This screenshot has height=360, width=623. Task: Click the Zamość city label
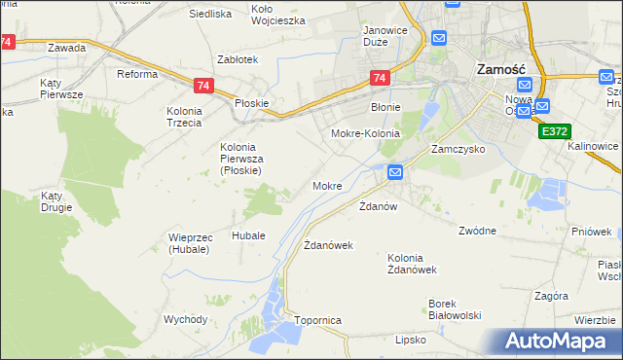click(x=500, y=70)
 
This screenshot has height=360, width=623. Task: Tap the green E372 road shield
click(x=554, y=130)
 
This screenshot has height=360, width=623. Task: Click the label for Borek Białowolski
click(x=456, y=309)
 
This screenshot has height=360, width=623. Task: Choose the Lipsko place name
click(x=412, y=340)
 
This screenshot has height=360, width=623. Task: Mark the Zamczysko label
click(x=458, y=151)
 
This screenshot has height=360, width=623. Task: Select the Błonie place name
click(x=386, y=108)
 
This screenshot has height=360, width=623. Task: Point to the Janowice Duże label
click(x=385, y=36)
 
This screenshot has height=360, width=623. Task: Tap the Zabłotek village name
click(x=238, y=59)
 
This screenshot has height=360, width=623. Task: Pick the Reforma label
click(x=137, y=74)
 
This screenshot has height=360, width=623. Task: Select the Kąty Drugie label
click(x=57, y=202)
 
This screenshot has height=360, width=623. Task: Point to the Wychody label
click(x=185, y=319)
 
